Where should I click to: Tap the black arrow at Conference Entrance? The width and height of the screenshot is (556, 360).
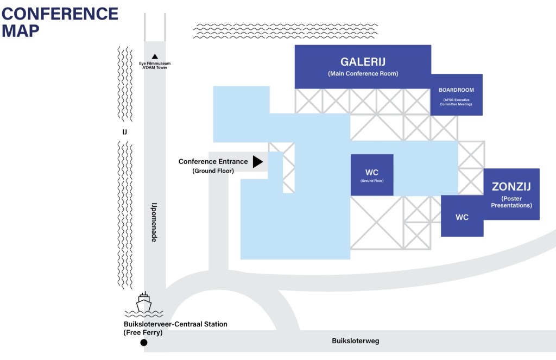[x=257, y=161]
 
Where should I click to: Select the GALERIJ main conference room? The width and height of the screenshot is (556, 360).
[x=363, y=66]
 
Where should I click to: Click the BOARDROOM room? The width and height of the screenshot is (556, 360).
[x=456, y=94]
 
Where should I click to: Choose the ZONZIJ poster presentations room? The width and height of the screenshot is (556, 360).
[x=511, y=194]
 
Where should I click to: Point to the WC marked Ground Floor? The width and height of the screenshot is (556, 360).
[x=372, y=175]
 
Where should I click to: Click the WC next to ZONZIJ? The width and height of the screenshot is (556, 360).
[x=462, y=217]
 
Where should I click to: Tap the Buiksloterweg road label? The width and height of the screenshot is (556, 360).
[x=356, y=341]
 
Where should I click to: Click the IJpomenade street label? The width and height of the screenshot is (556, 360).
[x=154, y=222]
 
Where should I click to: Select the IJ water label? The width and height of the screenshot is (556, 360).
[x=124, y=131]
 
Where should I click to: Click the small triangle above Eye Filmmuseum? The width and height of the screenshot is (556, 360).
[x=155, y=56]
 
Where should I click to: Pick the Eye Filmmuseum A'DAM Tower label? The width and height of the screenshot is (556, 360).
[x=155, y=66]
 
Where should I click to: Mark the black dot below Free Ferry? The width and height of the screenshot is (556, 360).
[x=144, y=343]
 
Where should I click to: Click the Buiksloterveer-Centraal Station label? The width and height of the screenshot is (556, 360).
[x=175, y=324]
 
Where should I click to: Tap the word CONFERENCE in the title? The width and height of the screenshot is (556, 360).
[x=60, y=14]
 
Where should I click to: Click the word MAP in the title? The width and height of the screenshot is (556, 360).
[x=21, y=31]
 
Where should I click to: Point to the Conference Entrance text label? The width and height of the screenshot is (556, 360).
[x=213, y=161]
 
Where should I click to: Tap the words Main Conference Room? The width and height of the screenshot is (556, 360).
[x=363, y=74]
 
